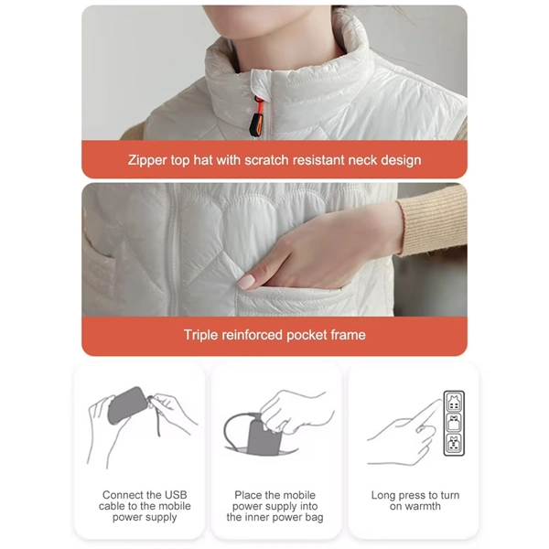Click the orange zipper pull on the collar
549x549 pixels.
pyautogui.click(x=258, y=117)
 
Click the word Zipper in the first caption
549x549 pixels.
pyautogui.click(x=148, y=160)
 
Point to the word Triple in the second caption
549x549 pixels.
pyautogui.click(x=202, y=335)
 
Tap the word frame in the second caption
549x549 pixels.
pyautogui.click(x=348, y=335)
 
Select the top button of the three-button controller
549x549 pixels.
pyautogui.click(x=453, y=402)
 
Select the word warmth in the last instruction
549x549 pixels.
pyautogui.click(x=423, y=506)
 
